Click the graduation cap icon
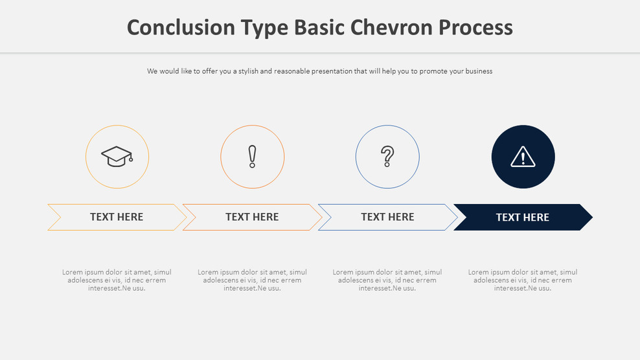[x=117, y=157]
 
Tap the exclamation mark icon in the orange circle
[x=252, y=157]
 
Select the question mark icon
[x=387, y=157]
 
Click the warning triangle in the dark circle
[x=523, y=157]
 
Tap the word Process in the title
[x=475, y=27]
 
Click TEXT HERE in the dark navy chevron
[x=522, y=218]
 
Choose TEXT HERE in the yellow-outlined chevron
[x=117, y=217]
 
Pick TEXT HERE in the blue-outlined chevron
[x=387, y=217]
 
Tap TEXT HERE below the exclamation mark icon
[x=252, y=217]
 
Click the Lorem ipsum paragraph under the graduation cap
[x=117, y=280]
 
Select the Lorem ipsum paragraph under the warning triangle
[x=523, y=280]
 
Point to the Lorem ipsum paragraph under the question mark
[x=387, y=280]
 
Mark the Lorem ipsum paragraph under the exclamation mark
[x=252, y=280]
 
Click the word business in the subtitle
[x=478, y=71]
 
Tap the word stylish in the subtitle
[x=249, y=71]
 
